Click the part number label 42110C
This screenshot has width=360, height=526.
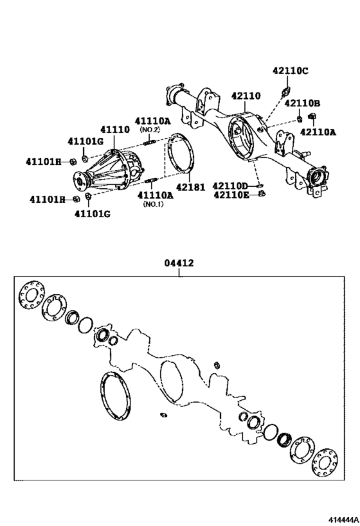coord(291,71)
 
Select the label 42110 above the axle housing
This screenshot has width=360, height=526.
coord(246,96)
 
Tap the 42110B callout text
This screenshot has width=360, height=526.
coord(303,103)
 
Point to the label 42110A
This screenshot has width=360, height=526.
coord(318,132)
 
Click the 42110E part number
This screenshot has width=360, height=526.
coord(231,195)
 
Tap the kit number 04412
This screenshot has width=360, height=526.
coord(179,263)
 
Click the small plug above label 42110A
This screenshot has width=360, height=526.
coord(313,116)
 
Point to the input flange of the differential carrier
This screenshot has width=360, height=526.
coord(83,179)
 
